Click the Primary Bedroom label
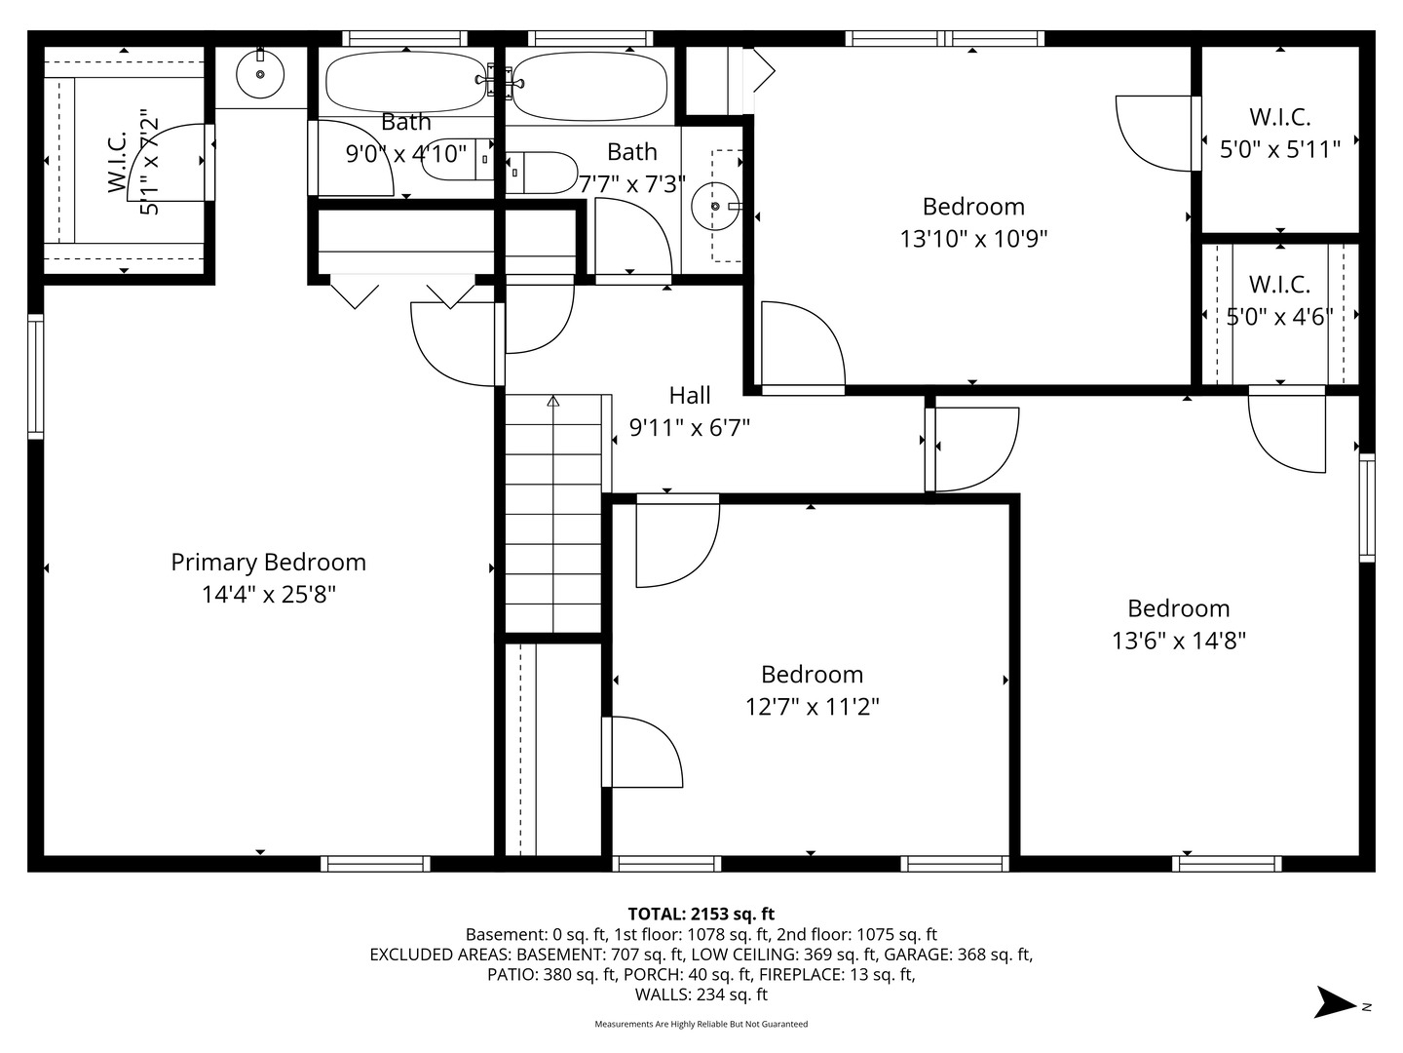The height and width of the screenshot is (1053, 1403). coord(268,562)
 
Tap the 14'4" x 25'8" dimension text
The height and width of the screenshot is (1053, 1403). coord(268,594)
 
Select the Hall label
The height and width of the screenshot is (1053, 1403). coord(689,395)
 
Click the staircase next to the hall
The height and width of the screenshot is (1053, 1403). coord(553,514)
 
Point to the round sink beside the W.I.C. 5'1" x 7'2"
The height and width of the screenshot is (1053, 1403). coord(260,74)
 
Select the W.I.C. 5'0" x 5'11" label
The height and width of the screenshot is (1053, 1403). coord(1279,117)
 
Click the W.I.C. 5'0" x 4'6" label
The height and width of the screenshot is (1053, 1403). coord(1279,285)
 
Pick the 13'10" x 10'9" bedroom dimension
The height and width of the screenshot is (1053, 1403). coord(972,238)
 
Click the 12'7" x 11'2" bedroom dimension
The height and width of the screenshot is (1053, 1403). coord(812,706)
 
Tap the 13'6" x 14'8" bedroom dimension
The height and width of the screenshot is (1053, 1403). coord(1178,641)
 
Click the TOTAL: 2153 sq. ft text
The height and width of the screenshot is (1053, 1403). coord(701,914)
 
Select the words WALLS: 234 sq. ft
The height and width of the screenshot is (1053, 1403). coord(701,994)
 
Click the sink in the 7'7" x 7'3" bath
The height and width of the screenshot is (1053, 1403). coord(716,206)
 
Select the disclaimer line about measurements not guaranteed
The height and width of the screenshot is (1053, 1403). coord(701,1024)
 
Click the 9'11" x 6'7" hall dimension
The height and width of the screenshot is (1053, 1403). coord(689,427)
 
